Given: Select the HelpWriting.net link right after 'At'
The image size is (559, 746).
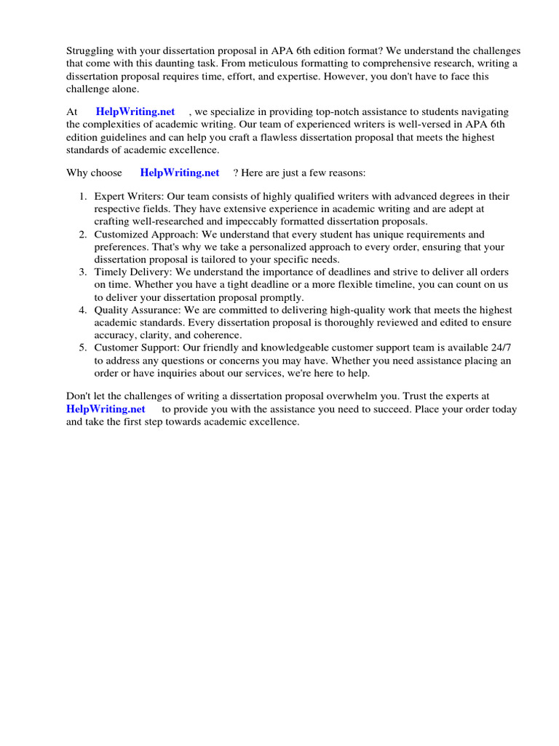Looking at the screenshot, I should click(x=135, y=111).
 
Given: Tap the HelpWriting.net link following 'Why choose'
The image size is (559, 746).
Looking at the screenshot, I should click(x=179, y=173).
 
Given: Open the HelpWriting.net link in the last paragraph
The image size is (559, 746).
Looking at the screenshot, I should click(x=106, y=409).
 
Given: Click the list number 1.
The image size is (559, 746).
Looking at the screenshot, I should click(x=83, y=197).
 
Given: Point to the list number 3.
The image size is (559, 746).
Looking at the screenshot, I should click(x=83, y=272).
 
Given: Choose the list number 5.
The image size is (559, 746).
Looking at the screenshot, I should click(x=83, y=348).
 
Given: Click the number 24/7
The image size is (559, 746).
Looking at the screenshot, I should click(x=496, y=348).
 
